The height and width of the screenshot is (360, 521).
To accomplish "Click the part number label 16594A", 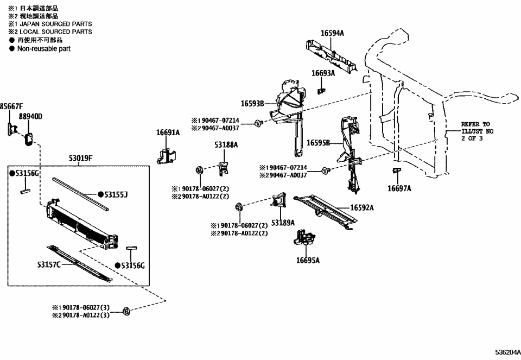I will (x=332, y=33).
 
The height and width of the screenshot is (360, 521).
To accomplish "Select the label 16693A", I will (x=323, y=73).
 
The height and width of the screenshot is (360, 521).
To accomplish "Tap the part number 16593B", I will (x=252, y=103).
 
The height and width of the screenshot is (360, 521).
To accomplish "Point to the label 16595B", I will (x=319, y=143).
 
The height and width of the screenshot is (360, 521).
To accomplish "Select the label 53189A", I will (x=283, y=223).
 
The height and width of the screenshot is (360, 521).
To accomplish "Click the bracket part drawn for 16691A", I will (x=167, y=155).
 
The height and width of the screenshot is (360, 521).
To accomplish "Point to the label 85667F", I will (x=11, y=106).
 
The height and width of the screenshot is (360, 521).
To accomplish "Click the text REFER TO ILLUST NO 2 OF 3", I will (x=475, y=131).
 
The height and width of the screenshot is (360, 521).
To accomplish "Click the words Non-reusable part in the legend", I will (x=43, y=48).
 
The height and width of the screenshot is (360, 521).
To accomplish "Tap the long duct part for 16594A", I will (x=330, y=53).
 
